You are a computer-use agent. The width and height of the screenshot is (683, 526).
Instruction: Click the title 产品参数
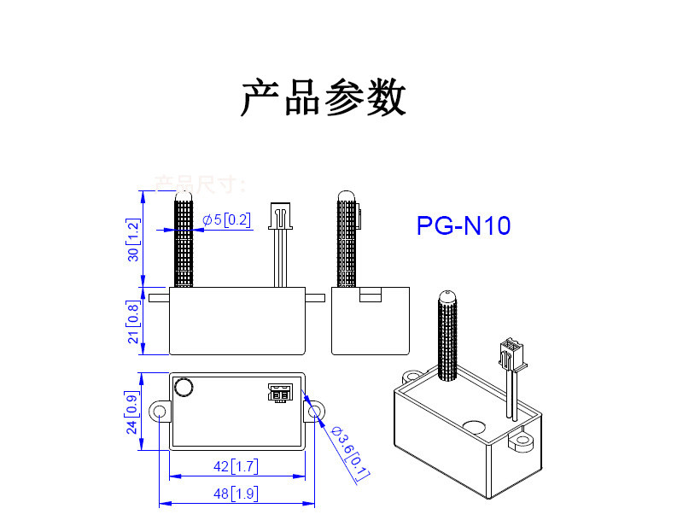323,99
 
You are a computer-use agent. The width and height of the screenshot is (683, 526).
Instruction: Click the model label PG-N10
464,226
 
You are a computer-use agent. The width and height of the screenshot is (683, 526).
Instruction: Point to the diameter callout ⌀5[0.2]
226,220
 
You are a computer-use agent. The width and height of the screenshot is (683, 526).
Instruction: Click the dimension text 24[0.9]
131,412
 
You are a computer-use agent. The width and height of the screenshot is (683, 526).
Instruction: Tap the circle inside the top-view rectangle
184,389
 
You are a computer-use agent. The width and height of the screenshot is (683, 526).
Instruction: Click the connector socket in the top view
278,393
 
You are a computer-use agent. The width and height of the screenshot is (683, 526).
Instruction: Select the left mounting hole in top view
159,412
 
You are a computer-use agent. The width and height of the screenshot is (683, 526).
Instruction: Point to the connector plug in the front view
278,216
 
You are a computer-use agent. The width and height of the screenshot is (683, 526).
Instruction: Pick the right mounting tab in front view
315,298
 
